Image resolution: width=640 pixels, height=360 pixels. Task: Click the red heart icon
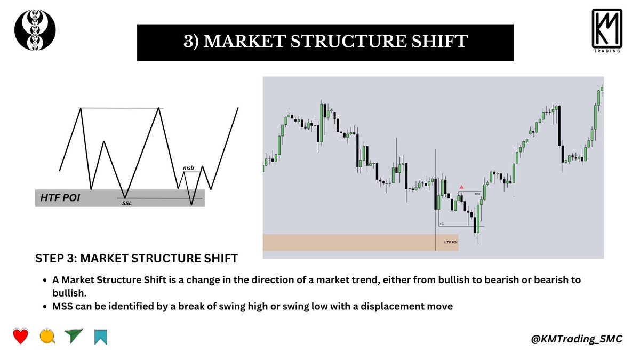[x=20, y=337]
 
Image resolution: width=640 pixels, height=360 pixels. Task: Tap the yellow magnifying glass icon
[x=47, y=337]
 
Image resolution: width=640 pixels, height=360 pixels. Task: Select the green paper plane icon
[x=74, y=336]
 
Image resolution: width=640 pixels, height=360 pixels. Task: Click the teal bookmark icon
[x=100, y=337]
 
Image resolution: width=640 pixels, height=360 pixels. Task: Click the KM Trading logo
[x=606, y=31]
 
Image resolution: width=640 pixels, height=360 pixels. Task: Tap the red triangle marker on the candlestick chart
[x=461, y=187]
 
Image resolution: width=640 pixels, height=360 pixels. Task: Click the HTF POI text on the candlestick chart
[x=451, y=242]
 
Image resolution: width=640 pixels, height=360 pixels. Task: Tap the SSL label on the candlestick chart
[x=442, y=224]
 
